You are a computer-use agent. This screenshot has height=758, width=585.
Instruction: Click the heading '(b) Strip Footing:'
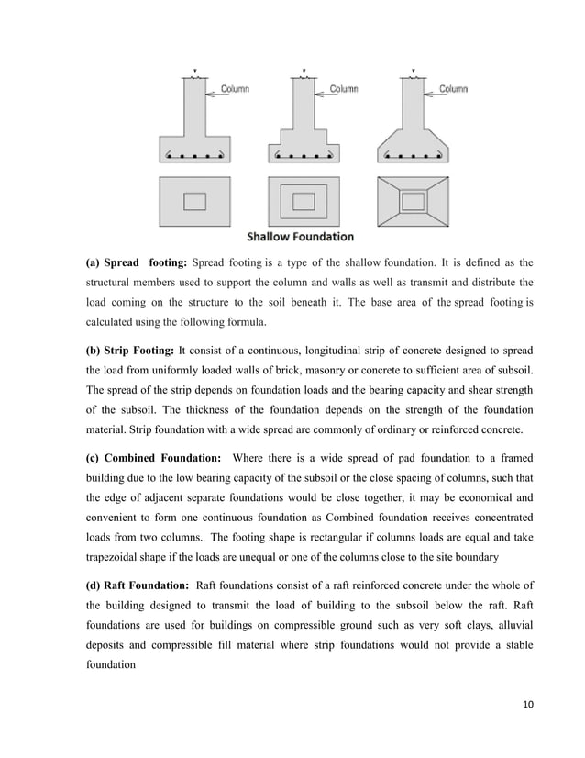pyautogui.click(x=129, y=350)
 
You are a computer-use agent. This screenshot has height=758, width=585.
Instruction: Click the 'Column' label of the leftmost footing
pyautogui.click(x=234, y=90)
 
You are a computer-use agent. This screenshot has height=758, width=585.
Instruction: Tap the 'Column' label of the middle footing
pyautogui.click(x=343, y=90)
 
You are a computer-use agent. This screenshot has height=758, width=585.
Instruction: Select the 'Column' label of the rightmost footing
pyautogui.click(x=453, y=90)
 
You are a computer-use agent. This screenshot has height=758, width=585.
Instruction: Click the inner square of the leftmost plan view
pyautogui.click(x=195, y=200)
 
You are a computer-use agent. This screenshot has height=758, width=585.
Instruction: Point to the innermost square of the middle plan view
pyautogui.click(x=304, y=200)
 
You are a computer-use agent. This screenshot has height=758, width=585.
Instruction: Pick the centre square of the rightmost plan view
pyautogui.click(x=413, y=200)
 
